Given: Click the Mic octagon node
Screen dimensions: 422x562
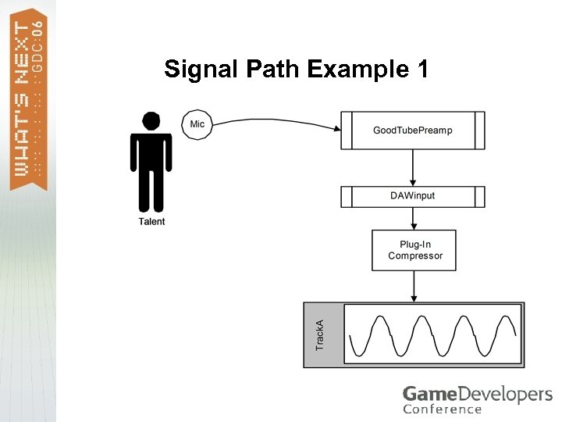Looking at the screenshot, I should [x=197, y=124].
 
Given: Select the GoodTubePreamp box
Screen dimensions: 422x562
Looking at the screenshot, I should [x=413, y=130].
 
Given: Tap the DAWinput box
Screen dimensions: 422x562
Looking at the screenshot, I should [x=413, y=196].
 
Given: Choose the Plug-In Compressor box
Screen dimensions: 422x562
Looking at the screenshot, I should [x=414, y=250].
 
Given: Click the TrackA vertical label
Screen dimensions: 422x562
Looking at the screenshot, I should [x=319, y=334].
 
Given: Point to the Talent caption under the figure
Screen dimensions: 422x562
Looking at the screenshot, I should [x=151, y=222].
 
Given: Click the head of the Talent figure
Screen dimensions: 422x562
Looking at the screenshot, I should [x=151, y=121].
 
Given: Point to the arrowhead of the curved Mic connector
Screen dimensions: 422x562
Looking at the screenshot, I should [x=337, y=128].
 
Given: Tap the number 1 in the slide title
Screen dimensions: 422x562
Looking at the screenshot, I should [x=422, y=70].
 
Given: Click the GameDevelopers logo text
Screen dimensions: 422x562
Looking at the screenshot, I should [x=477, y=394].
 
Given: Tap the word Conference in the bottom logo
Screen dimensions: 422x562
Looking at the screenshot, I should [x=442, y=409].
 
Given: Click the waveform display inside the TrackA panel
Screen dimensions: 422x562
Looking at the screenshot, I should [x=432, y=334].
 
